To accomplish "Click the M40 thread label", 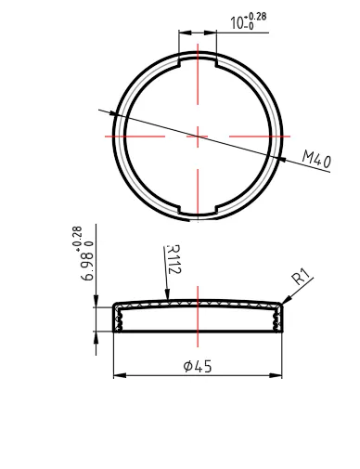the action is coord(316,159).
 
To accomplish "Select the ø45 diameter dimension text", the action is coord(198,367).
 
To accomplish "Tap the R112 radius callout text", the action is coord(174,259).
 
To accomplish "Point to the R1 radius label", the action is coord(302,276).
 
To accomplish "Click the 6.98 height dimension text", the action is coord(87,267).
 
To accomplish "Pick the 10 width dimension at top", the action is coord(238,23).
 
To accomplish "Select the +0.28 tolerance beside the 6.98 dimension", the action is coord(78,238).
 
